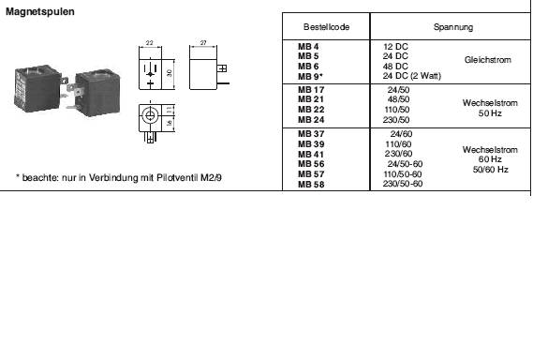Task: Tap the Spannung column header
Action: click(452, 28)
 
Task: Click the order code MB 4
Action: click(308, 46)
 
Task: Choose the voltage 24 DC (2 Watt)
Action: click(412, 75)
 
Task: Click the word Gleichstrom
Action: click(487, 60)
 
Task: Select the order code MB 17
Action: click(310, 88)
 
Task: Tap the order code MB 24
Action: click(310, 119)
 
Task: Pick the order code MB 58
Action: click(310, 185)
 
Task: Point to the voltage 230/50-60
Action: click(404, 185)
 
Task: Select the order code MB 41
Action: click(310, 155)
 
